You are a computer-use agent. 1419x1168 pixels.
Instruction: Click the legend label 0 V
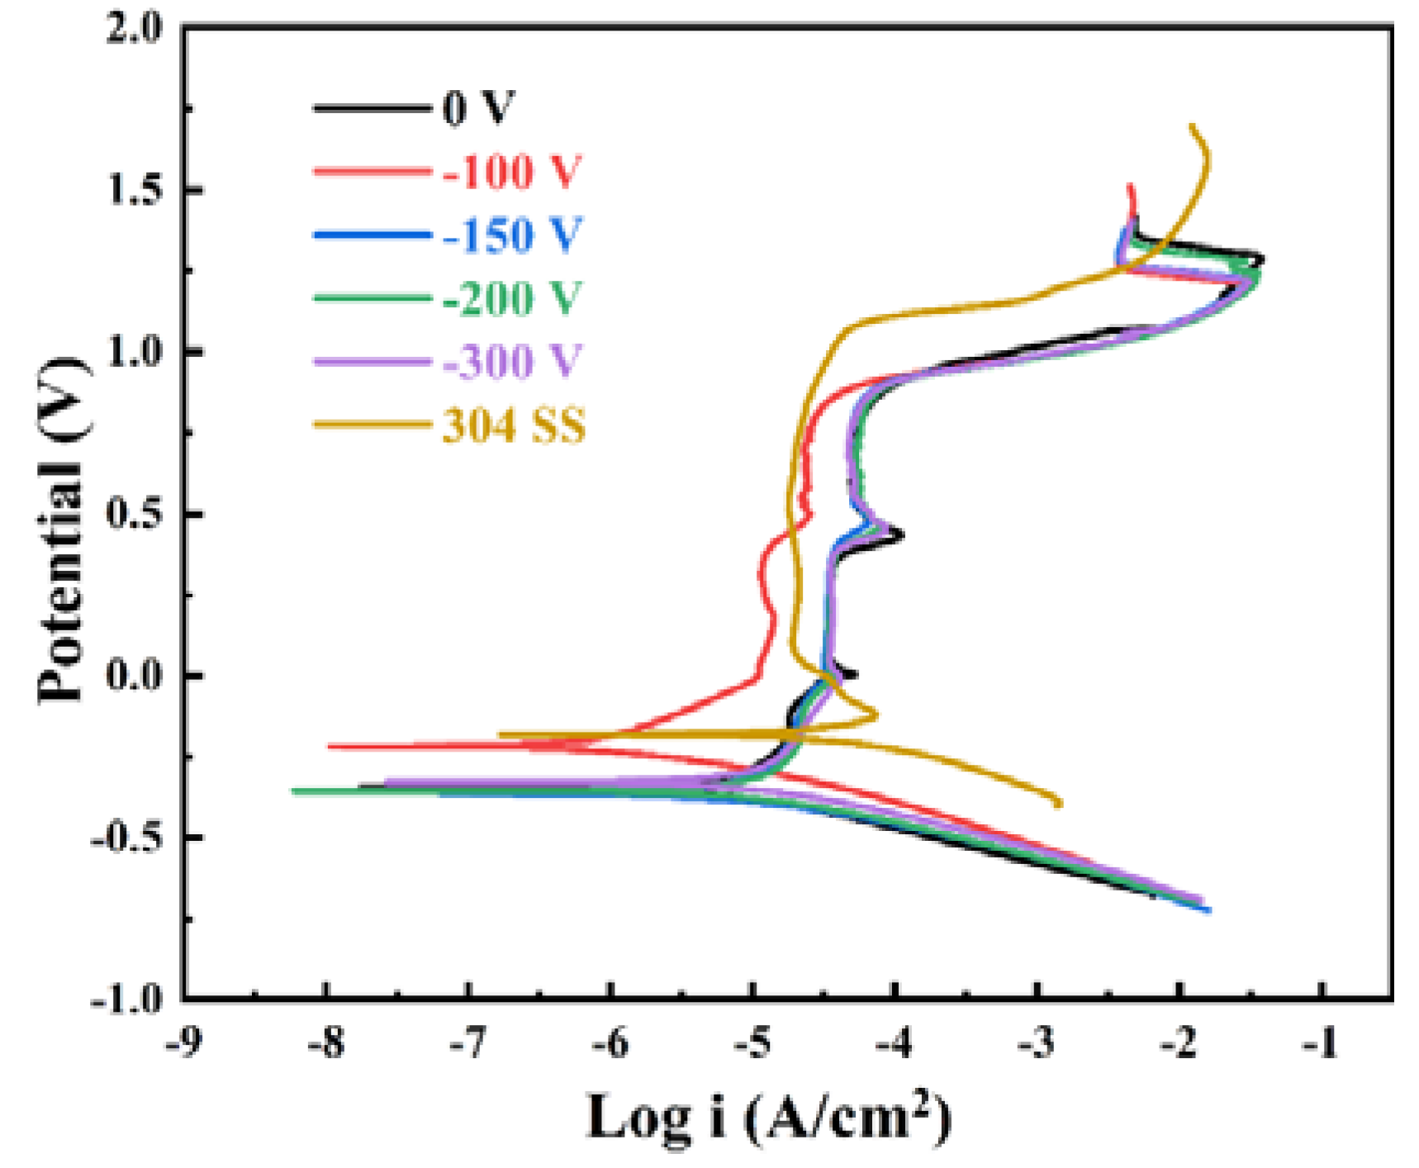478,108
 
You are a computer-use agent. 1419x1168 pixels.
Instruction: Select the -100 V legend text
512,172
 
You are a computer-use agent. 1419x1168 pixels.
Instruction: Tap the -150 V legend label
512,235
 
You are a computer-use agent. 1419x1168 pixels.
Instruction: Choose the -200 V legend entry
512,298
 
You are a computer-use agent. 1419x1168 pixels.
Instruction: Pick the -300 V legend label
512,362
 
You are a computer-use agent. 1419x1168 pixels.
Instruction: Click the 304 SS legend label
514,426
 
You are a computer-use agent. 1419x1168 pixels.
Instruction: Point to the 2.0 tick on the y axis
135,29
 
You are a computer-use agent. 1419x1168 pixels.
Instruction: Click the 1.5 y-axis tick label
135,191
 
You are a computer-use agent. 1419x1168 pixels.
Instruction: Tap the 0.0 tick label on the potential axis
135,676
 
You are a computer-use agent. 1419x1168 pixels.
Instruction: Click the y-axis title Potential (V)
61,529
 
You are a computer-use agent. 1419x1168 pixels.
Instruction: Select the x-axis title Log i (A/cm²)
768,1117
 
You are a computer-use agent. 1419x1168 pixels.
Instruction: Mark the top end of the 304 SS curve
1191,126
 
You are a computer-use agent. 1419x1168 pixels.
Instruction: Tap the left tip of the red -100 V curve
330,746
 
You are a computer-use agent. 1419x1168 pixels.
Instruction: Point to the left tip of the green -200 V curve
293,791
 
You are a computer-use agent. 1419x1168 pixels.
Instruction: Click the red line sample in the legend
372,172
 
